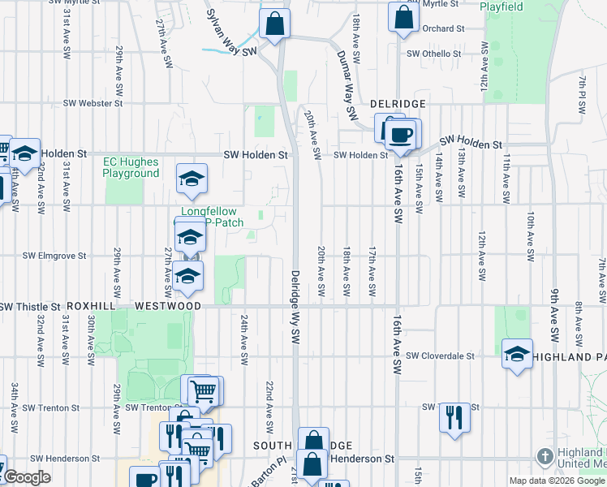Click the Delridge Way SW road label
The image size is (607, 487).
point(296,305)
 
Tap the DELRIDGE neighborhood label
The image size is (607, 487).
point(398,105)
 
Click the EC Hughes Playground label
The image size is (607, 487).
point(131,167)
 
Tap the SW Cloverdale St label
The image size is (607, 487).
point(440,356)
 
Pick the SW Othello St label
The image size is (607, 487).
point(433,54)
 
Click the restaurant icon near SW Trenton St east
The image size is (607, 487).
point(454,418)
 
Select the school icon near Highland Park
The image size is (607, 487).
point(517,354)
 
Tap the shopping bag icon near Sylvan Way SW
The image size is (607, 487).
point(275,24)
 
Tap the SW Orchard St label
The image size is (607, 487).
point(443,28)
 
